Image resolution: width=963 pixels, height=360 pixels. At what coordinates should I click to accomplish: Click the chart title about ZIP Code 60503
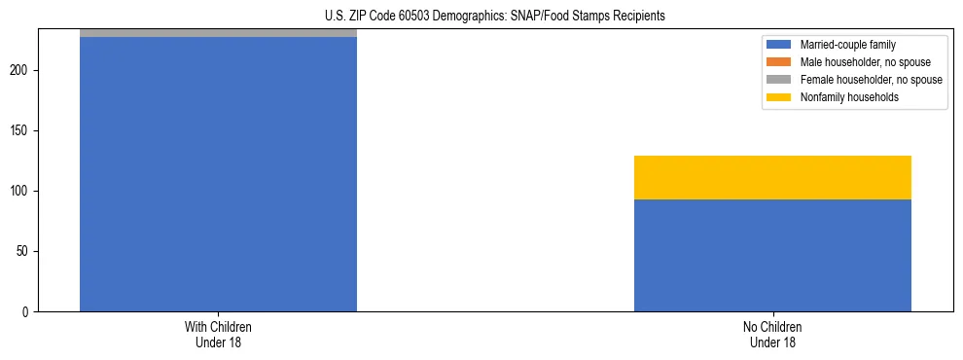pos(494,16)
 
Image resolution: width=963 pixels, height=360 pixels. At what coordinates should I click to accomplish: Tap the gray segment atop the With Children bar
pos(218,33)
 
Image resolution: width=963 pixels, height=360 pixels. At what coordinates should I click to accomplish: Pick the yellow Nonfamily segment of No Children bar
pos(772,177)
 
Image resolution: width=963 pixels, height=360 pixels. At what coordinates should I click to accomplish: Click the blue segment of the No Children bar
pos(772,255)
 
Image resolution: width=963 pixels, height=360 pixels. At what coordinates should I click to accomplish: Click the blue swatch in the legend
pos(778,45)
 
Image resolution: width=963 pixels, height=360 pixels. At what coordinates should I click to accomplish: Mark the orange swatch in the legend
pos(778,62)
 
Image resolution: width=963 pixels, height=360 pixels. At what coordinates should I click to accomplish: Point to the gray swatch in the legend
pos(778,80)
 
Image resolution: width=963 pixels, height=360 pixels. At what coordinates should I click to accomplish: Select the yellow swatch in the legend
pos(778,97)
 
